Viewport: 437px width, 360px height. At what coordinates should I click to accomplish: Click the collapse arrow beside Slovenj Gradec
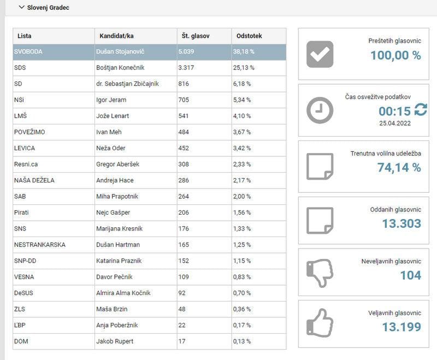click(21, 8)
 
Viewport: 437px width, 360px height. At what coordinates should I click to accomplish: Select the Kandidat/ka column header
click(116, 36)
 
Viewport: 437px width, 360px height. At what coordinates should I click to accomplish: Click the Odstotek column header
click(249, 36)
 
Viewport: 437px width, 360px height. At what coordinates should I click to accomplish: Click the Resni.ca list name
click(26, 164)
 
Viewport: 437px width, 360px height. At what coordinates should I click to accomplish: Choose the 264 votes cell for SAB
click(184, 197)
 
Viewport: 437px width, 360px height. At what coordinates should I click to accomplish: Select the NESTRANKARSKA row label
click(39, 245)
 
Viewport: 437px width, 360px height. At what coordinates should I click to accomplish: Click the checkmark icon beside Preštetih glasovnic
click(320, 54)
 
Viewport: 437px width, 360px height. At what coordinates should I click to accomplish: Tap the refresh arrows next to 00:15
click(421, 111)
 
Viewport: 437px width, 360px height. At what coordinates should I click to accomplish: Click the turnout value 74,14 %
click(399, 168)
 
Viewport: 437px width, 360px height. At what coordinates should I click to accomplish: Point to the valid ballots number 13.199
click(401, 327)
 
